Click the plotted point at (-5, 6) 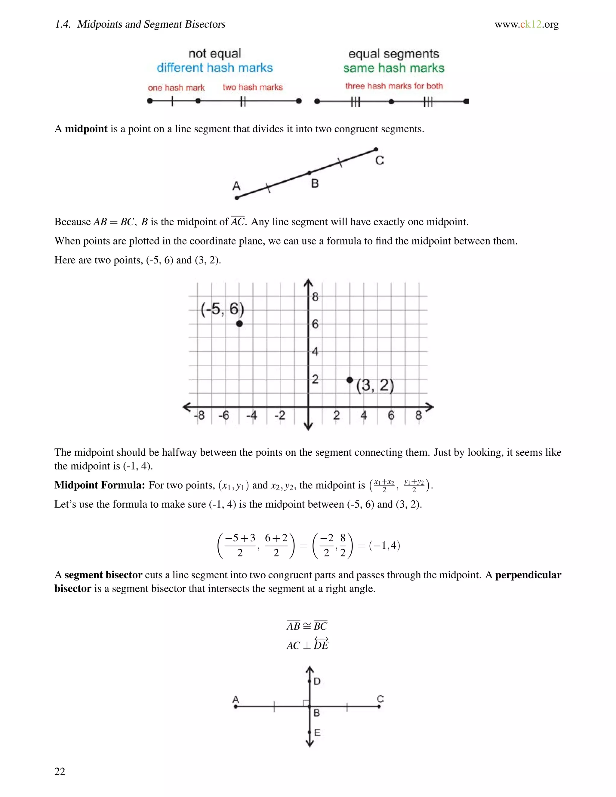click(239, 323)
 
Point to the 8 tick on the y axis click(315, 297)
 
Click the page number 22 click(60, 771)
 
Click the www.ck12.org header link click(526, 24)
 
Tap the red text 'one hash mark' click(176, 88)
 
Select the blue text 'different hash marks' click(214, 68)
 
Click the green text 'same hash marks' click(393, 68)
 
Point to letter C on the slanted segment click(380, 161)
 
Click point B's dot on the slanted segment click(310, 173)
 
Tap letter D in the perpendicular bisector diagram click(317, 681)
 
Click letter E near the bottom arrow click(317, 732)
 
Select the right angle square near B click(306, 703)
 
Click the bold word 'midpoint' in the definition click(86, 129)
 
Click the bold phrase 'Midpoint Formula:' click(100, 485)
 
